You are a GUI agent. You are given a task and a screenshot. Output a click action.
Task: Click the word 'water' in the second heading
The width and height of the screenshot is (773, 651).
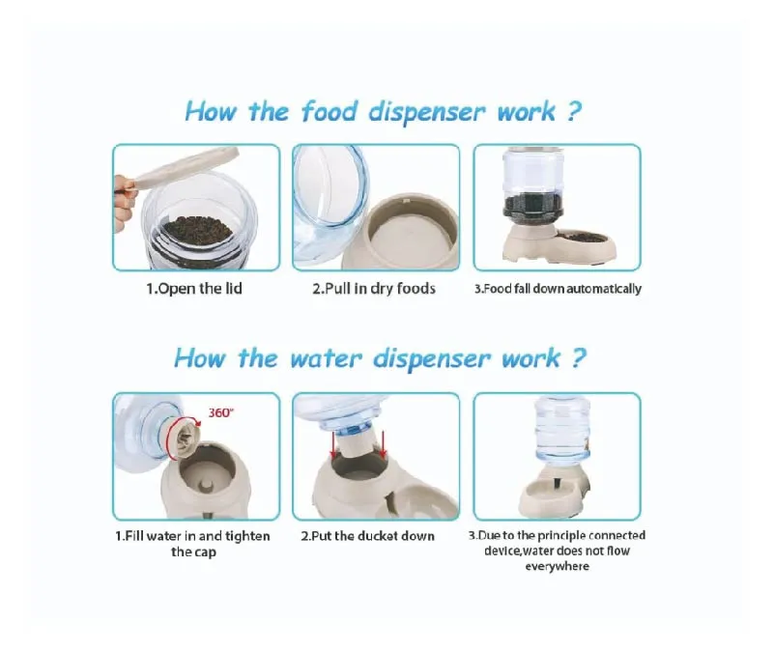coord(335,359)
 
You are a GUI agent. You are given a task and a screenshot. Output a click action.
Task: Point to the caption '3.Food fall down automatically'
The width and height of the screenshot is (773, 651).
coord(557,288)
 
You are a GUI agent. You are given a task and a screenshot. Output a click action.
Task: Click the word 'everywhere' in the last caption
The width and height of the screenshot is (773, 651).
coord(557,566)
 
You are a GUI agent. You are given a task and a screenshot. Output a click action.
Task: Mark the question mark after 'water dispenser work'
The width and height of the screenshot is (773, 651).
coord(578,359)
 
